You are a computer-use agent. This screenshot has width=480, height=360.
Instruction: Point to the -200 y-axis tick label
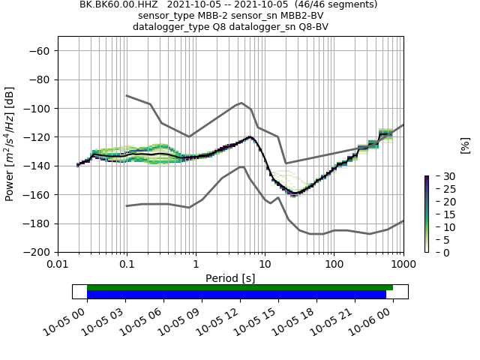[x=37, y=252]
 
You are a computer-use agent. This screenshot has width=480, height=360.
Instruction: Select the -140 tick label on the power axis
[x=37, y=166]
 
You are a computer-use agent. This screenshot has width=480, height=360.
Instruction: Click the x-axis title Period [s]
[x=230, y=278]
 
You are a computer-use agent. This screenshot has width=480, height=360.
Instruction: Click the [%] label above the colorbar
[x=464, y=145]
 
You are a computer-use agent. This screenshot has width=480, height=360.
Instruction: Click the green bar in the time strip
[x=240, y=287]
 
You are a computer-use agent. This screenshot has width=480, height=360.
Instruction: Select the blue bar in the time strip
[x=236, y=294]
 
